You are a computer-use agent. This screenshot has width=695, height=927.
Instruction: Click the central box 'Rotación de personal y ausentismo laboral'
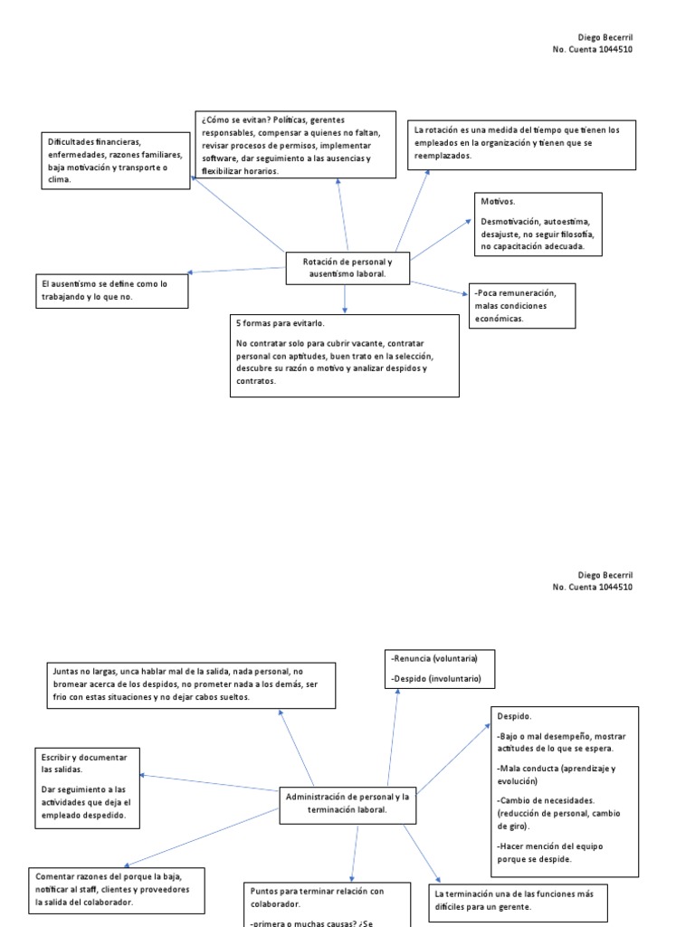[x=348, y=267]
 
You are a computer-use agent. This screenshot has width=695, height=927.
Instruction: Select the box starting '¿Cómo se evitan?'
[x=295, y=145]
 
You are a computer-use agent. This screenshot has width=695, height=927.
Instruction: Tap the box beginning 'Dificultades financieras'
[x=115, y=160]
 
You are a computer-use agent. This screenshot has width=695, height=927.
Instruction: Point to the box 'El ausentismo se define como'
[x=112, y=291]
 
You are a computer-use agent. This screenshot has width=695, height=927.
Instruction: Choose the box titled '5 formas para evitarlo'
[x=345, y=355]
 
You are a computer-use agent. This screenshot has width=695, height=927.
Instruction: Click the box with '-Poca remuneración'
[x=521, y=305]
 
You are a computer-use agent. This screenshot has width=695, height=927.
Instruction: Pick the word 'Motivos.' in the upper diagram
[x=499, y=202]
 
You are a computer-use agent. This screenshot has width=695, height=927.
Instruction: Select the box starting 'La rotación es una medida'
[x=520, y=143]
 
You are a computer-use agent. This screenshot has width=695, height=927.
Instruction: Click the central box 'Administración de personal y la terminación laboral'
[x=347, y=803]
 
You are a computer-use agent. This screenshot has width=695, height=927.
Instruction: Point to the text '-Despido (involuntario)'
[x=435, y=678]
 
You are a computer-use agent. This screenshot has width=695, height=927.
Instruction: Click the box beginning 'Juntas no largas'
[x=191, y=684]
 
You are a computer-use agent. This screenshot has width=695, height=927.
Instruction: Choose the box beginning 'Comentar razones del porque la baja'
[x=119, y=889]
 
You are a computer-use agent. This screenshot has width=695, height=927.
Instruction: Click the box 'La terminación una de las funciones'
[x=517, y=900]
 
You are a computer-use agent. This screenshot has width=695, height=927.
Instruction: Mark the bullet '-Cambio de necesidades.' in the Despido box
[x=545, y=800]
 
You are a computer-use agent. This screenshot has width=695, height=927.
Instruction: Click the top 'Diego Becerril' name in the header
[x=605, y=37]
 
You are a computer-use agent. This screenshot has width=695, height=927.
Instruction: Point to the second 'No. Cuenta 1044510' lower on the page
[x=592, y=587]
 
